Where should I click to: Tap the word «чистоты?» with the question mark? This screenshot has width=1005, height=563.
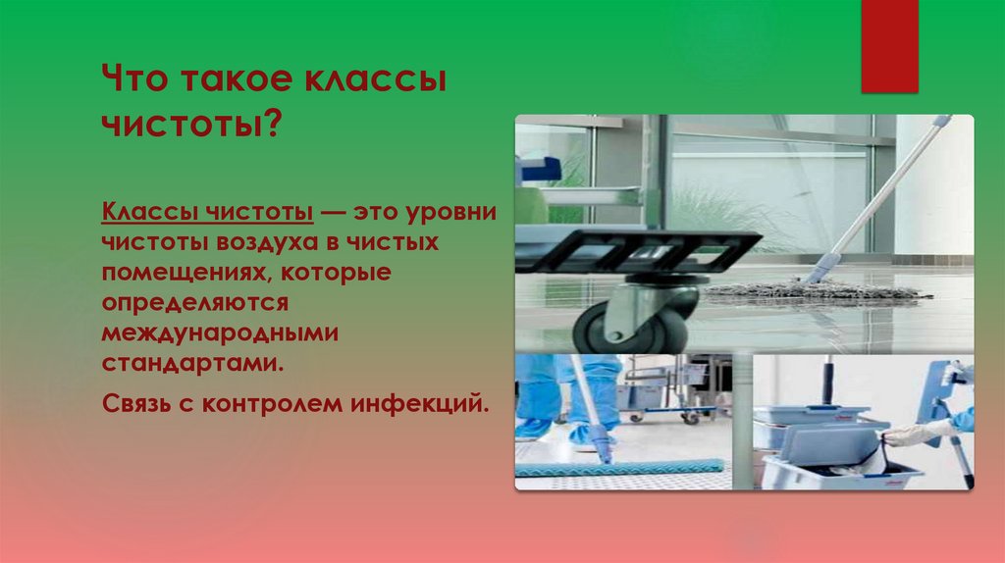193,127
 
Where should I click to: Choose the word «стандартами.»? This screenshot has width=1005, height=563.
192,362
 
